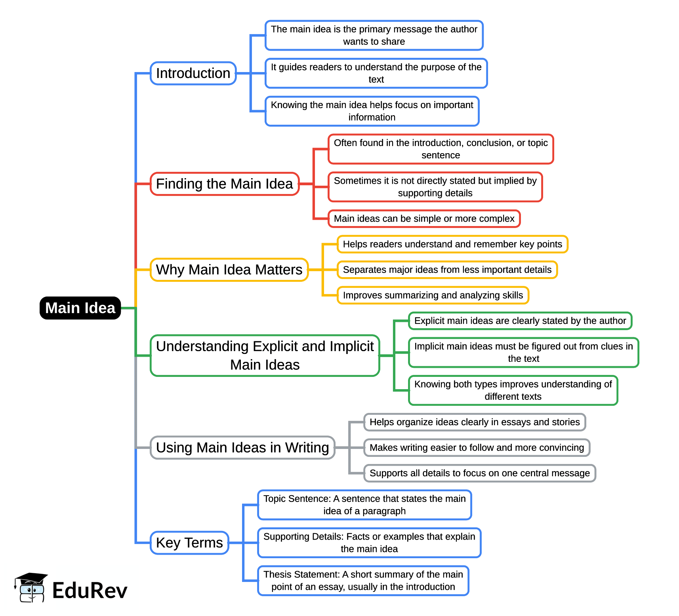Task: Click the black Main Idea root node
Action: tap(80, 308)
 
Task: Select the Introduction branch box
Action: tap(193, 73)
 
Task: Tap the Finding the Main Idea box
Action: tap(224, 184)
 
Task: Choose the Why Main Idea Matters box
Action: tap(229, 270)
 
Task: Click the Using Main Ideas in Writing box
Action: tap(242, 448)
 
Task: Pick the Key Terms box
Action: tap(189, 543)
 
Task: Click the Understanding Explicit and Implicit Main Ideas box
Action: tap(265, 356)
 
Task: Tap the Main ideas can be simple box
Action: tap(424, 219)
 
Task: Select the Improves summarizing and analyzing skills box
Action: tap(433, 295)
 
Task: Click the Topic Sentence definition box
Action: tap(364, 505)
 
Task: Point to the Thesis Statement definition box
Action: tap(363, 580)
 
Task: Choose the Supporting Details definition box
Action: tap(369, 543)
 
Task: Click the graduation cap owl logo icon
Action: tap(31, 587)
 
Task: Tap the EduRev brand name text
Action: tap(90, 591)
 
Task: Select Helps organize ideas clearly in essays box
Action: tap(474, 422)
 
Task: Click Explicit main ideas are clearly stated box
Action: tap(520, 321)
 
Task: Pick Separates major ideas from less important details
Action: tap(447, 270)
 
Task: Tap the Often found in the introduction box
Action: tap(441, 149)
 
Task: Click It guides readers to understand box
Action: tap(376, 73)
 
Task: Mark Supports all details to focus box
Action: tap(479, 473)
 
